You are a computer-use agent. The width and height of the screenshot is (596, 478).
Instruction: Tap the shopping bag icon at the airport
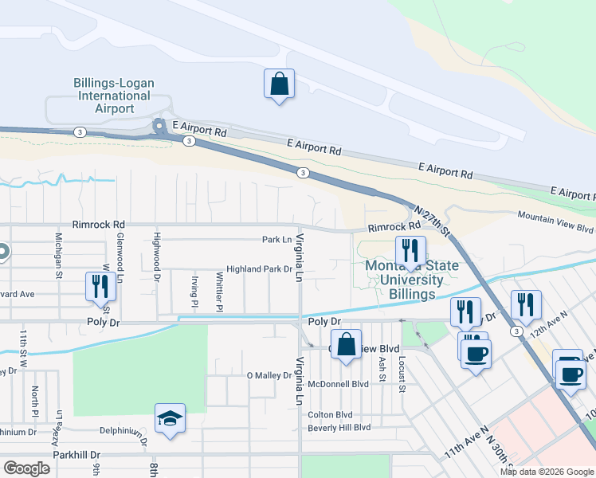[279, 84]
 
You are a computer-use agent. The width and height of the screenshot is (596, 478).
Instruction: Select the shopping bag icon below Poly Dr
[346, 345]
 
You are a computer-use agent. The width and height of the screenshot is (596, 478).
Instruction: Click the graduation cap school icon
[171, 419]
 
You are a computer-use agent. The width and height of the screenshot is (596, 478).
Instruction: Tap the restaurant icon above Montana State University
[410, 250]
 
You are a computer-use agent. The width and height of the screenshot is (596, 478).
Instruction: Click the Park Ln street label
[276, 239]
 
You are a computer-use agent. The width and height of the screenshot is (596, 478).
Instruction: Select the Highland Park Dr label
[260, 269]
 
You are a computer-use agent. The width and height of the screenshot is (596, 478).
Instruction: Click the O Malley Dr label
[269, 375]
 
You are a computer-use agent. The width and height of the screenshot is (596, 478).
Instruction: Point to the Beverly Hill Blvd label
[339, 427]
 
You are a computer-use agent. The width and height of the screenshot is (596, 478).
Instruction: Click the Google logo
[26, 468]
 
